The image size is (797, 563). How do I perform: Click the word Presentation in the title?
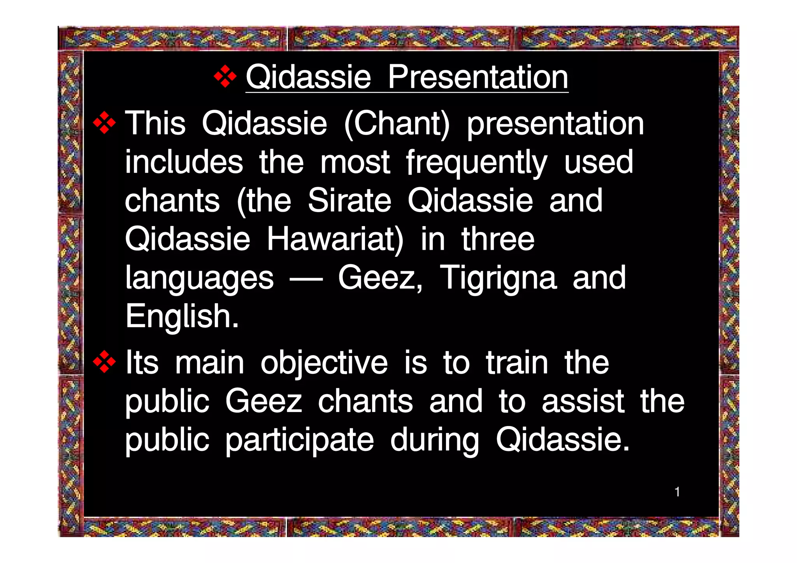(477, 77)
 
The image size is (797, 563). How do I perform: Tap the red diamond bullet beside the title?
(225, 76)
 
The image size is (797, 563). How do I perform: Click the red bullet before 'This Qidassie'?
(104, 123)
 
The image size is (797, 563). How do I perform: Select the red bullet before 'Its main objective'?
(104, 362)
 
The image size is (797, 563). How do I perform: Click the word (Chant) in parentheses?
(397, 124)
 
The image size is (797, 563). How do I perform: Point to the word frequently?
(477, 163)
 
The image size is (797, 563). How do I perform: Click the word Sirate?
(349, 201)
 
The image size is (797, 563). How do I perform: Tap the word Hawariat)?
(335, 239)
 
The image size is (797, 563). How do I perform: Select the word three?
(498, 239)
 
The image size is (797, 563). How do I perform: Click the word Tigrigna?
(498, 278)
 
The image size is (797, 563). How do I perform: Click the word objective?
(324, 363)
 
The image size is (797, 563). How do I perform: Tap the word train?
(517, 363)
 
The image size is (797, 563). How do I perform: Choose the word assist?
(583, 402)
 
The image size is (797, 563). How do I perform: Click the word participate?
(299, 440)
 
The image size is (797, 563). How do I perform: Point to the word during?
(434, 440)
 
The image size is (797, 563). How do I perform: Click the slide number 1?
(677, 492)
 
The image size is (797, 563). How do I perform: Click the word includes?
(184, 162)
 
